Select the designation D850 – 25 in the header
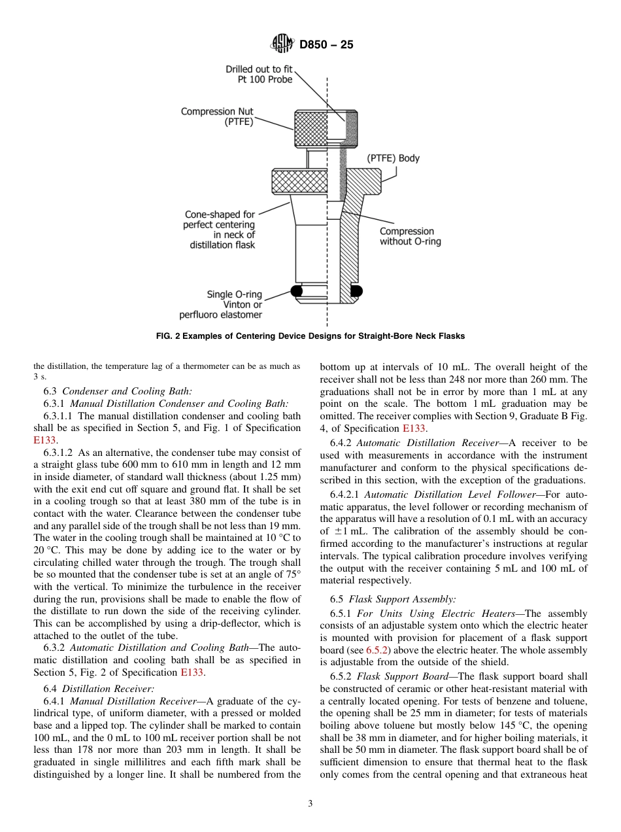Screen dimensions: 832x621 coord(326,45)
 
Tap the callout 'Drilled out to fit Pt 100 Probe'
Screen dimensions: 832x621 coord(260,74)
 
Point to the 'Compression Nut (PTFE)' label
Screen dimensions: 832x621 coord(217,116)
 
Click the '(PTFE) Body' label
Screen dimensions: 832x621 coord(393,158)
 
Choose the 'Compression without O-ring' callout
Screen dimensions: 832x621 coord(410,236)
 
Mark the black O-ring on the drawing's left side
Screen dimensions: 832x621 coord(297,290)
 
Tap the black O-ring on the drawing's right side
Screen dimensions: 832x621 coord(356,290)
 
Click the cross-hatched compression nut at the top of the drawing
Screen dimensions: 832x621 coord(310,129)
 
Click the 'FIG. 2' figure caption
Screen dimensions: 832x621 coord(310,336)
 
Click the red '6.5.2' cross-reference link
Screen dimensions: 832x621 coord(377,650)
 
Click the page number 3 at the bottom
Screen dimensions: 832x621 coord(310,804)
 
